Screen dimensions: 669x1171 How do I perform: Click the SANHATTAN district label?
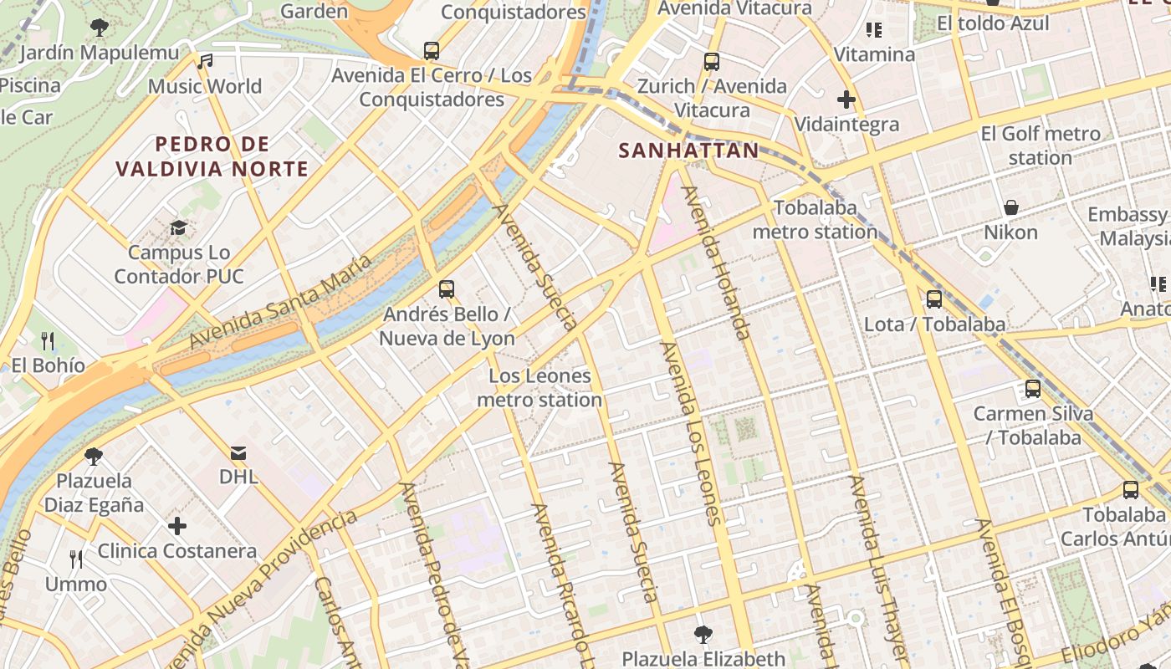tap(688, 151)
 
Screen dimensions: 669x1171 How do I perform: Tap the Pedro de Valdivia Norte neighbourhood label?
tap(212, 156)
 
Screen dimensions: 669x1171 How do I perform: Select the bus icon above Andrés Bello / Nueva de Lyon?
tap(447, 289)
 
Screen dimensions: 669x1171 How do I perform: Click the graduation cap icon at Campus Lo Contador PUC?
tap(178, 227)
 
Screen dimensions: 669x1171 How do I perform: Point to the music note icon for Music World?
tap(205, 61)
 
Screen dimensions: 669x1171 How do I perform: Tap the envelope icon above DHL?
tap(238, 453)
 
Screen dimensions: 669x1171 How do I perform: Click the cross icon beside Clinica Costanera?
tap(177, 526)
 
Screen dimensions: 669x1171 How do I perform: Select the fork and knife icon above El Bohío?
tap(48, 340)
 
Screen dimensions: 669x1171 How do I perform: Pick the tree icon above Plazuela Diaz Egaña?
tap(94, 457)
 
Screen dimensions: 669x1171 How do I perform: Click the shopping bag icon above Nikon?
tap(1010, 207)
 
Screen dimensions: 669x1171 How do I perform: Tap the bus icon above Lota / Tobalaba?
tap(934, 299)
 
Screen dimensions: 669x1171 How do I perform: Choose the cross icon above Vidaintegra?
tap(846, 100)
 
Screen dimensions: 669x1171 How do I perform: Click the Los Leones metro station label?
tap(539, 388)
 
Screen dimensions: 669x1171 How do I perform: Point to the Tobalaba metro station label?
tap(815, 219)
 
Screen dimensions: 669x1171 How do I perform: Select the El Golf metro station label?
tap(1041, 146)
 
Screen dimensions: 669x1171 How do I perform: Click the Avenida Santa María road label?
tap(280, 302)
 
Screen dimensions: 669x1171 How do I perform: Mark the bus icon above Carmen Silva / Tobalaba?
tap(1033, 389)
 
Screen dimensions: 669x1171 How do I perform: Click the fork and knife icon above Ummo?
tap(76, 559)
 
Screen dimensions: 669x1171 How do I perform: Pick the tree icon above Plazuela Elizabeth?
tap(703, 634)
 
